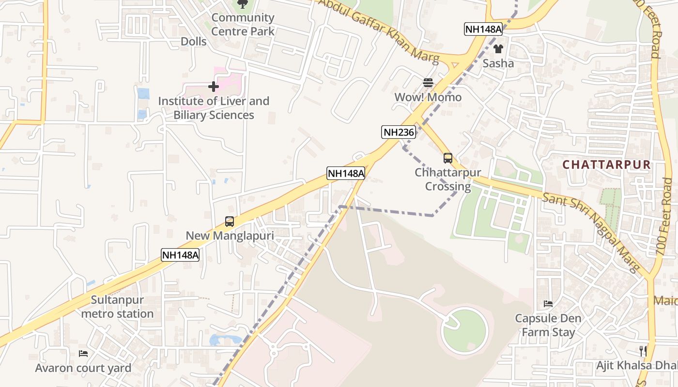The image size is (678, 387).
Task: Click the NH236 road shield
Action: coord(399,132)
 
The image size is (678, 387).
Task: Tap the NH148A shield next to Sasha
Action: coord(483,29)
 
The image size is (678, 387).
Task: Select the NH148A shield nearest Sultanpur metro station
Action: coord(181,255)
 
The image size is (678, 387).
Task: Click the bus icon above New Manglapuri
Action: coord(230,222)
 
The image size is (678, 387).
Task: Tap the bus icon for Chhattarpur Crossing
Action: coord(448,158)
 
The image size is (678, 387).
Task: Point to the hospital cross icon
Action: coord(213,87)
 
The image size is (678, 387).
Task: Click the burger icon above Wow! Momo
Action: coord(428,83)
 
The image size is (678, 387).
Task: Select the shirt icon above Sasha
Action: coord(498,49)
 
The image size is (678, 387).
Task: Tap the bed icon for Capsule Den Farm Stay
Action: coord(548,304)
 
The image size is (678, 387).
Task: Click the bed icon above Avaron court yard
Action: coord(83,354)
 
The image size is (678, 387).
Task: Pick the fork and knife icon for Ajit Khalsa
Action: coord(643,351)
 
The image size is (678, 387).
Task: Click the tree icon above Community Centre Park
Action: coord(243,4)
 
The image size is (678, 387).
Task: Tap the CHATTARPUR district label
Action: coord(607,164)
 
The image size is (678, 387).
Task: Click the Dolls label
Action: coord(194,42)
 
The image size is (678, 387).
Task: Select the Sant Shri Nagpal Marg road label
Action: coord(592,233)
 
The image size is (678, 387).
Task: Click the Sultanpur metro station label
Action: coord(117,307)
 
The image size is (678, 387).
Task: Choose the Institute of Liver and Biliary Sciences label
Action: coord(214,108)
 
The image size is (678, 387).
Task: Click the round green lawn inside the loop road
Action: coord(465,330)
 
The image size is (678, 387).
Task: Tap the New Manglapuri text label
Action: coord(230,236)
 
